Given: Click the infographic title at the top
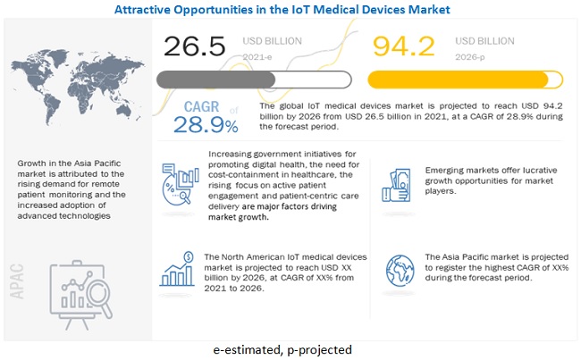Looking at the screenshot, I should tap(290, 9).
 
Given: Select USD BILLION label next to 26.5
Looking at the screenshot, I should tap(274, 40).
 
